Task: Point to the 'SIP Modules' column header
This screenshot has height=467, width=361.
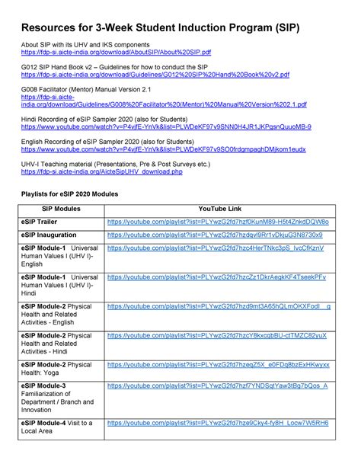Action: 61,208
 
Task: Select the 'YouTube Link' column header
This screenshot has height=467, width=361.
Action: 219,208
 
